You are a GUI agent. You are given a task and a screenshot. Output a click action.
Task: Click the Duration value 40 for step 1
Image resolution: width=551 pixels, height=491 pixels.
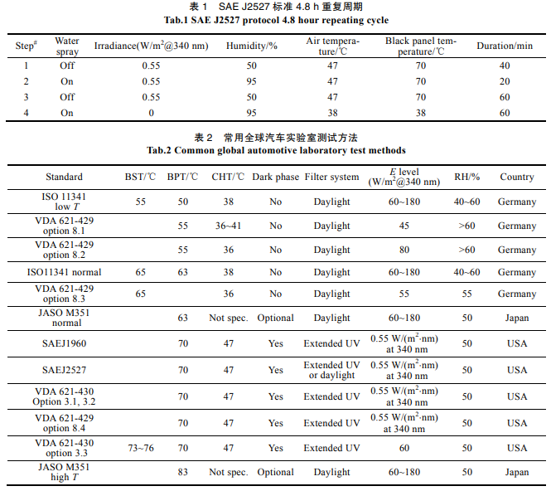coord(505,66)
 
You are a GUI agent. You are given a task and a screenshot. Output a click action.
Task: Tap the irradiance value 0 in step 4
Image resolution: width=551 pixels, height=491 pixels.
coord(150,112)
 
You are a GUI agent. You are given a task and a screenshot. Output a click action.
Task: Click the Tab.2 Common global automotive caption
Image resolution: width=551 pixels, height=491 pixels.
coord(276,151)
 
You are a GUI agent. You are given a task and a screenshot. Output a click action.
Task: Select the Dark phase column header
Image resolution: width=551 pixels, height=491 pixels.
coord(275,177)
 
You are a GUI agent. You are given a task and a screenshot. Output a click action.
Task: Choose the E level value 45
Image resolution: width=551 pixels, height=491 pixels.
coord(404,226)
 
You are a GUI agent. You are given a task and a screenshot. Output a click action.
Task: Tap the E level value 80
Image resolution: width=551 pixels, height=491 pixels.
coord(404,250)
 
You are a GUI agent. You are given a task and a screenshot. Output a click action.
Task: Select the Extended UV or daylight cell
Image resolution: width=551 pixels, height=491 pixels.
coord(331,370)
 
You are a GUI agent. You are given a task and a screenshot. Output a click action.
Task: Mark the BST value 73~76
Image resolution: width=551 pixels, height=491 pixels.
coord(138,448)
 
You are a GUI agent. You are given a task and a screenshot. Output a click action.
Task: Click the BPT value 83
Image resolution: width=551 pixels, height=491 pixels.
coord(182,472)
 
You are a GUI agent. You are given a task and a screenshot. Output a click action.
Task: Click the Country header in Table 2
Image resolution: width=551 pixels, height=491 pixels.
coord(516,177)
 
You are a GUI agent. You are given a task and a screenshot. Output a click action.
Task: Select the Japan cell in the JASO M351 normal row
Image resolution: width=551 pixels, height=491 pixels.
coord(516,318)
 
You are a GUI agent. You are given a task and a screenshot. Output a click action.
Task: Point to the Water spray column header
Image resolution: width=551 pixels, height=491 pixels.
coord(67,46)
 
